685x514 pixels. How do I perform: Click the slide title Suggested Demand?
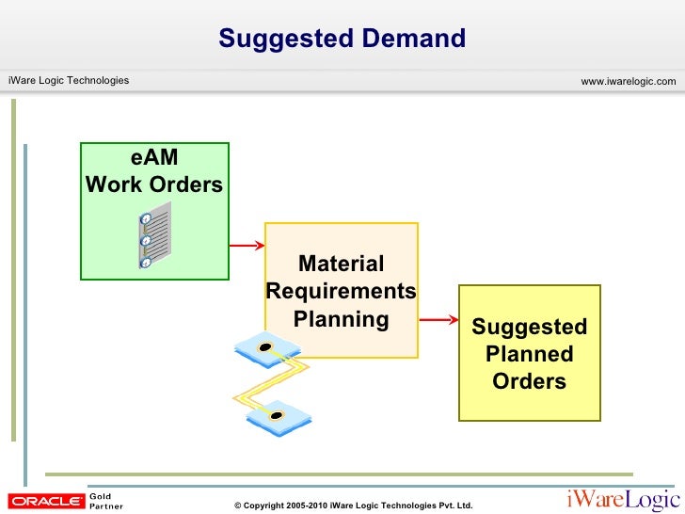click(x=342, y=39)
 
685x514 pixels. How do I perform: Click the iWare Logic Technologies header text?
click(x=69, y=81)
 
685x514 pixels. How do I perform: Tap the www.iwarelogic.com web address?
click(x=628, y=82)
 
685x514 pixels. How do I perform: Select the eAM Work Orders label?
click(x=154, y=171)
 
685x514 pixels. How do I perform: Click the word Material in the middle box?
click(x=341, y=265)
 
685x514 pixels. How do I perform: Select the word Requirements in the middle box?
click(x=341, y=291)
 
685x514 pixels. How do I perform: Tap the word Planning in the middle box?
click(x=341, y=319)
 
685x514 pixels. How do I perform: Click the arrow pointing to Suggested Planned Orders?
click(x=438, y=321)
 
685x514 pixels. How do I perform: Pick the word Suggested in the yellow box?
click(x=529, y=327)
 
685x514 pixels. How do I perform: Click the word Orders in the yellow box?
click(x=529, y=381)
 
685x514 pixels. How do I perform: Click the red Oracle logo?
click(x=44, y=502)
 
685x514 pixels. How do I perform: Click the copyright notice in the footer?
click(x=353, y=506)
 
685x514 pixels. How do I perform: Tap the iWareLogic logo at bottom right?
click(x=620, y=500)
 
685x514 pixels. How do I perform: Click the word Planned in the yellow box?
click(x=529, y=355)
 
